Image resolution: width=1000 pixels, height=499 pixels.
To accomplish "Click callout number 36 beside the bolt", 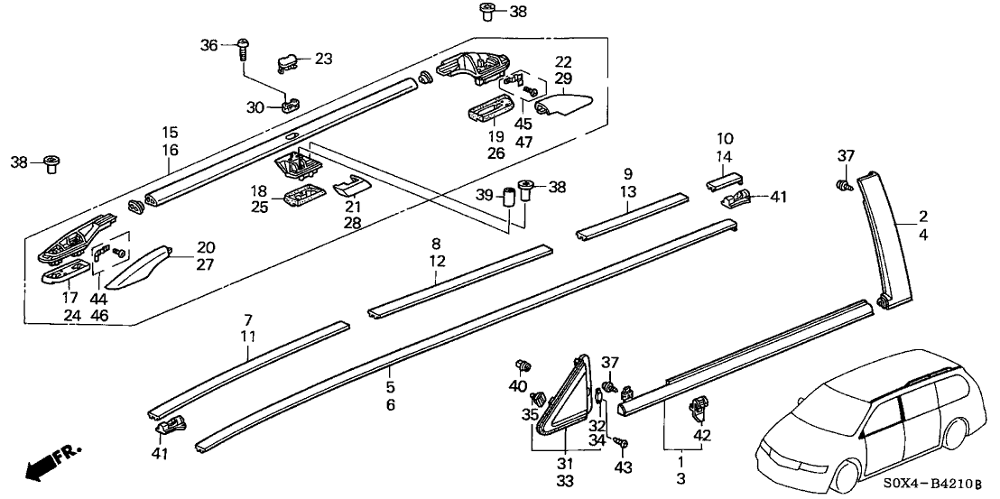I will [x=209, y=45].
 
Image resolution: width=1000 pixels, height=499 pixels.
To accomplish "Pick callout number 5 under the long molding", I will [x=390, y=386].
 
